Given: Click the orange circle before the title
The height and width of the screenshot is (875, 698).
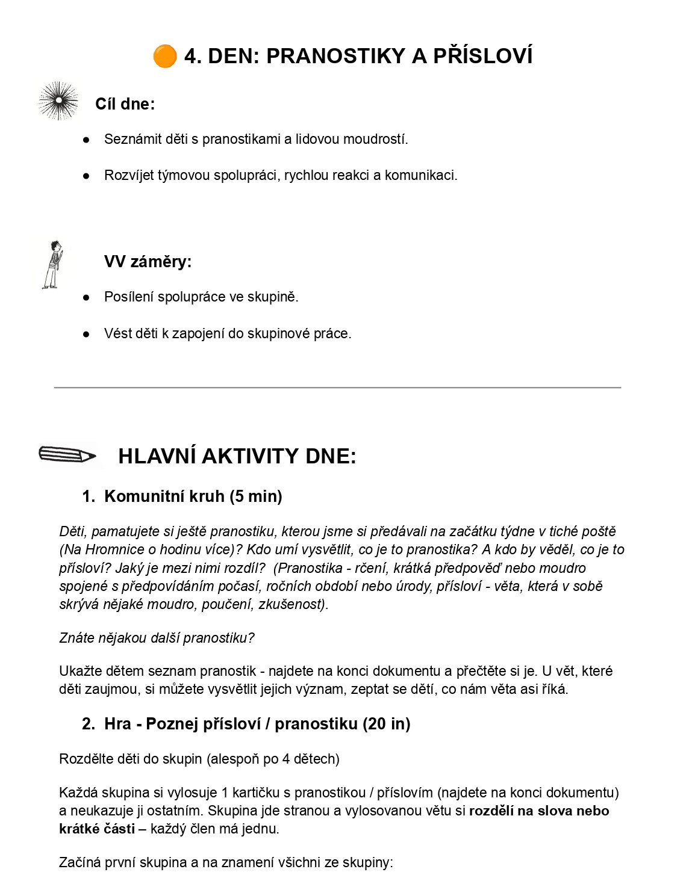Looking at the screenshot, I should tap(164, 56).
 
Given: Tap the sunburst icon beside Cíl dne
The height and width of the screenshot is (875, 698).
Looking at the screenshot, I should tap(58, 100).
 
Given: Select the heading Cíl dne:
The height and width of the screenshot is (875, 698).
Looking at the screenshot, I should tap(125, 104).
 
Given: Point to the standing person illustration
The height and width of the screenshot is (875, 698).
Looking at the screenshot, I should tap(53, 265).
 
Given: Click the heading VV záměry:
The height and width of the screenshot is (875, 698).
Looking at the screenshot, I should tap(148, 262).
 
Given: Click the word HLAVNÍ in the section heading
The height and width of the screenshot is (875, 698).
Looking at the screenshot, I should tap(157, 456).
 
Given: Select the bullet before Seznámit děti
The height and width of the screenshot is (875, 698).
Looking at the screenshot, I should tap(86, 140).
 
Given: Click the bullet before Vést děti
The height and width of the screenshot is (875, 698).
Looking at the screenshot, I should tap(86, 334).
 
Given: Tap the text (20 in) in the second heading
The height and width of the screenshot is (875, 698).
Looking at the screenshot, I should tap(386, 724).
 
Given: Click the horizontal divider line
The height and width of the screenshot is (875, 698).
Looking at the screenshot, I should tap(337, 388).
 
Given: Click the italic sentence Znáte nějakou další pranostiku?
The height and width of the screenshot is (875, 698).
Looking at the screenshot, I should tap(157, 638).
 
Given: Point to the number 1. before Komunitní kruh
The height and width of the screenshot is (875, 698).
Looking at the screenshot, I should tap(89, 496).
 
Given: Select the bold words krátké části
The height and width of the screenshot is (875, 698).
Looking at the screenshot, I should tap(97, 829).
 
